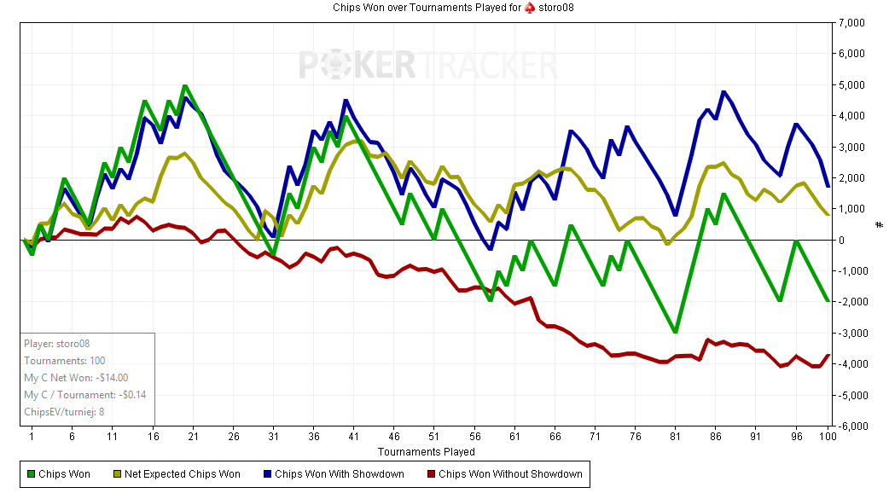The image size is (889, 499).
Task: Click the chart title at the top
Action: click(444, 8)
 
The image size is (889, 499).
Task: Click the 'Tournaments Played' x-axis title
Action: click(426, 451)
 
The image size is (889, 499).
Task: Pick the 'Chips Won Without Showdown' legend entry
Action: click(503, 474)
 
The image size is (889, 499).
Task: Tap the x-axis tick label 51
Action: click(433, 436)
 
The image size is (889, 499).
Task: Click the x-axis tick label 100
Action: click(827, 436)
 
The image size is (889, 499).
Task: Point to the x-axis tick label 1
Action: click(32, 436)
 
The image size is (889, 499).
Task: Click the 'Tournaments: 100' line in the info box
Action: click(65, 361)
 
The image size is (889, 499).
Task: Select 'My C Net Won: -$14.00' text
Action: click(76, 377)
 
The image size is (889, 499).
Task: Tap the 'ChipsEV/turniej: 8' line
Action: click(64, 411)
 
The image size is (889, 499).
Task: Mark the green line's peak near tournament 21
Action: click(185, 86)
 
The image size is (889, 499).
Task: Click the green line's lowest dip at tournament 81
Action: click(676, 332)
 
